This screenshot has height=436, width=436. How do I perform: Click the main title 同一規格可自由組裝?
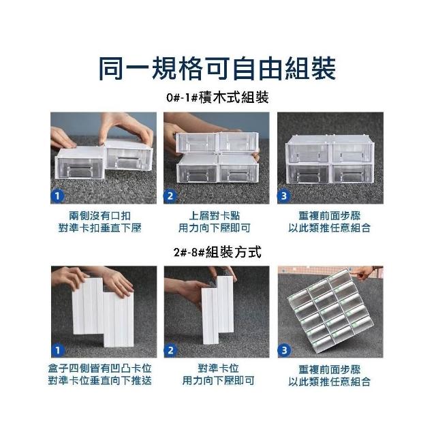point(218,68)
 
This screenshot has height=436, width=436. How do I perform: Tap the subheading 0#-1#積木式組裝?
point(217,97)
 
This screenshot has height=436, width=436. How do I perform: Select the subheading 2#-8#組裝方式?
point(217,252)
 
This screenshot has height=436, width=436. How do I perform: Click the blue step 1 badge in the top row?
point(57,196)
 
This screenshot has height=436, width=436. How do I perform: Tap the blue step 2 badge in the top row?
point(170,196)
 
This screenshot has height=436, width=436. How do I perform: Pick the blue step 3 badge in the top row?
point(283,196)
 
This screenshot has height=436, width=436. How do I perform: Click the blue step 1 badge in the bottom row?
point(58,350)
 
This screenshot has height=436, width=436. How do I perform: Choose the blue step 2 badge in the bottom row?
point(170,350)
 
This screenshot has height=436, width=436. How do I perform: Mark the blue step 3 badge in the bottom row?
point(284,350)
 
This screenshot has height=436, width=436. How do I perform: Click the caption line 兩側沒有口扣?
point(100,216)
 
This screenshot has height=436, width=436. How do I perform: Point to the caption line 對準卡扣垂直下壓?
point(100,228)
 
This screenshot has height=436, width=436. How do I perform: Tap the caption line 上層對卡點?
point(215,216)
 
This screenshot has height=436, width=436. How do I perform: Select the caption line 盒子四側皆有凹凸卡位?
point(100,369)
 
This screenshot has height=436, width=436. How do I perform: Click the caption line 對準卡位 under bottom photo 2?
point(218,369)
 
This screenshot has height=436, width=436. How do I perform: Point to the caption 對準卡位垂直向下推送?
point(100,381)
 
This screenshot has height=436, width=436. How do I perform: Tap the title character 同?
point(111,69)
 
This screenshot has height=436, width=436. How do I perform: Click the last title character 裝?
point(324,68)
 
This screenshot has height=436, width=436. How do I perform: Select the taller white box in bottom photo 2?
point(225,303)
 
